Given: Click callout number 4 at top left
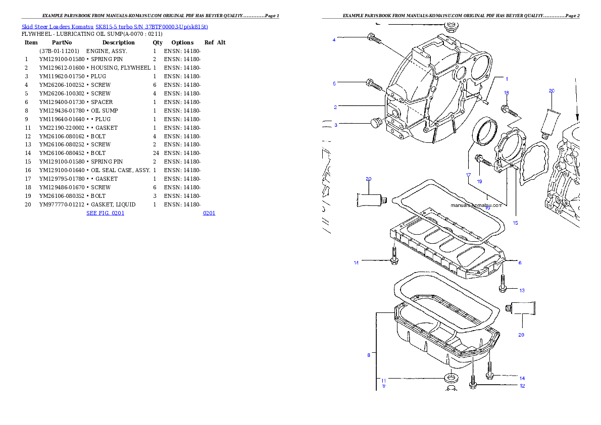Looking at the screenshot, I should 334,40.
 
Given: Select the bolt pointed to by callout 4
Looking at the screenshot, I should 374,38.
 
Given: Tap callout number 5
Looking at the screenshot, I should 334,84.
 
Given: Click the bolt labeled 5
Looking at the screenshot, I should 374,84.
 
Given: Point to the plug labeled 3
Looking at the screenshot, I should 374,123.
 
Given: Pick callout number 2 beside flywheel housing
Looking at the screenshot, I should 335,107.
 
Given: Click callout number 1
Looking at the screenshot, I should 507,79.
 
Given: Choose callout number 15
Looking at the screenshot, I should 515,223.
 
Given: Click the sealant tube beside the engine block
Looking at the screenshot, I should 550,120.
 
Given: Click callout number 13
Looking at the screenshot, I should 522,290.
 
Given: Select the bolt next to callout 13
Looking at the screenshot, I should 503,283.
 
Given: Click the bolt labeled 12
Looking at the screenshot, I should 473,383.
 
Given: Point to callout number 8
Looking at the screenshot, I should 369,355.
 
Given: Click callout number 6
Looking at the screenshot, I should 520,262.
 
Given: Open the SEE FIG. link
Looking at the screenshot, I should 105,213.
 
